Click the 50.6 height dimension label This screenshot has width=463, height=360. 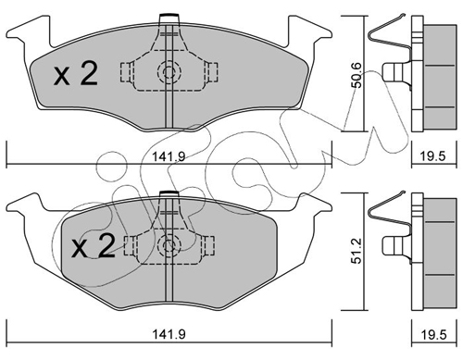tap(357, 75)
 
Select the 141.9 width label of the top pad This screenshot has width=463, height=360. tap(169, 157)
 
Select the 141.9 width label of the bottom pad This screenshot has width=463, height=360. tap(169, 334)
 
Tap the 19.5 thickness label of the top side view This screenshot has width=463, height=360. tap(433, 156)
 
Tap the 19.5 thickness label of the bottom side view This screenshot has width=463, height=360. tap(433, 334)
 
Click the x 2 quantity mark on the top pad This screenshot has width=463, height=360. tap(76, 73)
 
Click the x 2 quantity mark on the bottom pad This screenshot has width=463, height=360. tap(94, 245)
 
